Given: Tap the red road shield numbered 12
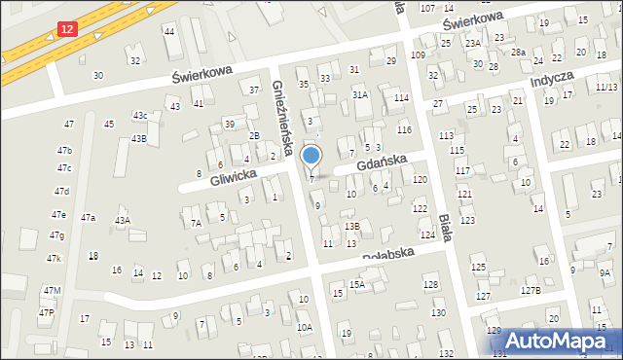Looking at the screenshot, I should coord(65,31).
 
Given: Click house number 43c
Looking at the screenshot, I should coord(140,116).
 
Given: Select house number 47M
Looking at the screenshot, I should coord(52,291).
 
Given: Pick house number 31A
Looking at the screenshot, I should coord(360,95).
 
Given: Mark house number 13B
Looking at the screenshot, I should coord(351,226).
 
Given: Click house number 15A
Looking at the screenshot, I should coord(357,284).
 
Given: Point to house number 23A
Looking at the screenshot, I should coord(473,44).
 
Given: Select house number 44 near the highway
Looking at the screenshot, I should coord(169,31).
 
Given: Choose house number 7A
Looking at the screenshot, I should coord(196,224).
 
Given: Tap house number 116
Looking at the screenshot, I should coord(404,129).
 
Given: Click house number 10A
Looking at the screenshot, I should coord(305,328).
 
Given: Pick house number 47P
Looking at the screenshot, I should coord(47,312).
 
